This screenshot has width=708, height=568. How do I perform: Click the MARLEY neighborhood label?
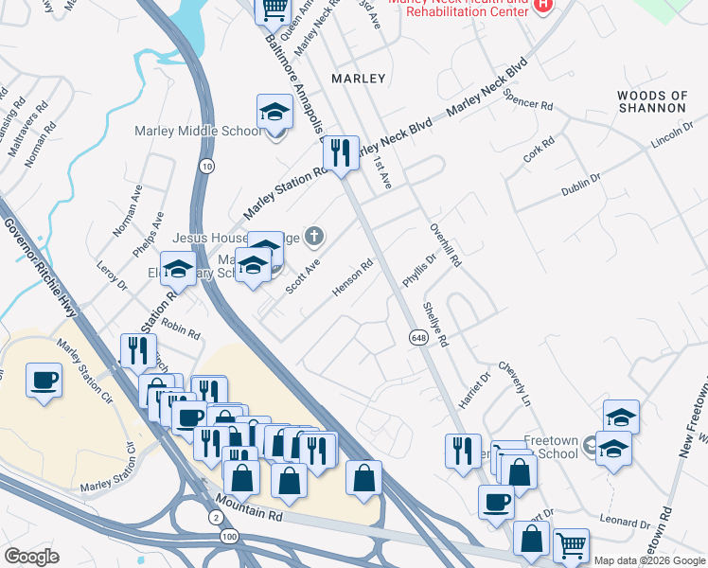click(x=359, y=78)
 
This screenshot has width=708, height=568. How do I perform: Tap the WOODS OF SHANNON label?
click(x=652, y=101)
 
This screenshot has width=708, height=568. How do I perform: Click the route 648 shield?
click(x=417, y=337)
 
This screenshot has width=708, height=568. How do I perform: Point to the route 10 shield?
click(x=206, y=166)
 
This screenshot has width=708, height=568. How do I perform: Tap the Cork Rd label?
click(x=539, y=150)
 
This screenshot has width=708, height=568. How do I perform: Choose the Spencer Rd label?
click(x=527, y=98)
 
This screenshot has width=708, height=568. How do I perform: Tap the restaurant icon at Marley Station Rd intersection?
click(x=341, y=152)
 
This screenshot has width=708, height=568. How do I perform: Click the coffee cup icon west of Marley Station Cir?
click(x=44, y=382)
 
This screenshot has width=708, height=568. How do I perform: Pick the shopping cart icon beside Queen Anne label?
click(x=274, y=9)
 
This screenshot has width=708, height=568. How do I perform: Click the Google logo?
click(x=31, y=557)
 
